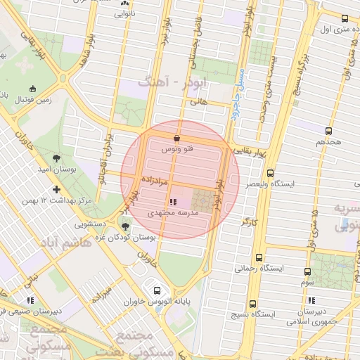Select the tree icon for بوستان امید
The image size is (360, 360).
coord(56,158)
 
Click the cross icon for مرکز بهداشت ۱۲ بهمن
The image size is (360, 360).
coord(56,189)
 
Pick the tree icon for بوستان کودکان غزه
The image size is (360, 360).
coord(125,226)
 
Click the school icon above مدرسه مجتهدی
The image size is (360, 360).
coord(173,202)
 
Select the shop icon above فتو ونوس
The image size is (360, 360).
coord(176,139)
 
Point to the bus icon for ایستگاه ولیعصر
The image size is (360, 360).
coord(271,173)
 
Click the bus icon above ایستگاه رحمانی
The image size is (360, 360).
coord(259,257)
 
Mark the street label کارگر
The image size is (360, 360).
coord(249,221)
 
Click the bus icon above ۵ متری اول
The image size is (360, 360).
coord(345,19)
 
